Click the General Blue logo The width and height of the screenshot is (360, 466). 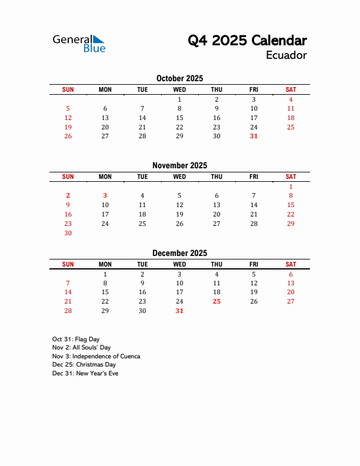click(x=79, y=43)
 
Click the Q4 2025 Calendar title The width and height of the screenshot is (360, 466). click(x=247, y=41)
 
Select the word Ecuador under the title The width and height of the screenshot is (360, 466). click(x=286, y=55)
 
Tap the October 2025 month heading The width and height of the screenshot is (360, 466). click(x=179, y=78)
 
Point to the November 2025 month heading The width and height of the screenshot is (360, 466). click(x=179, y=165)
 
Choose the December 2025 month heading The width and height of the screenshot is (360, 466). click(x=179, y=253)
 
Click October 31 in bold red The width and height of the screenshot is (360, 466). click(x=254, y=136)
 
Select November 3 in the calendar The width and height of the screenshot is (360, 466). click(x=105, y=195)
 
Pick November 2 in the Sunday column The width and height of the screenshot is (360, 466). click(x=68, y=195)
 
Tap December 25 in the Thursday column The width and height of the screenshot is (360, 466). click(x=216, y=301)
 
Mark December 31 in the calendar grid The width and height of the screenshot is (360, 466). click(x=179, y=311)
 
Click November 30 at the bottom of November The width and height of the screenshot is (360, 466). click(x=68, y=233)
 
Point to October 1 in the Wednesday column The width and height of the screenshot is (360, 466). click(x=179, y=99)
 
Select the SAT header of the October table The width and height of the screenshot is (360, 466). click(x=291, y=89)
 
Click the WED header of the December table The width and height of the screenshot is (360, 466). click(x=179, y=264)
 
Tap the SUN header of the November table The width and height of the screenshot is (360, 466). click(x=68, y=177)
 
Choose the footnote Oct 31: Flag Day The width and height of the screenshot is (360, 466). click(x=76, y=339)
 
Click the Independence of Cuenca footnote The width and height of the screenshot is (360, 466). click(x=96, y=356)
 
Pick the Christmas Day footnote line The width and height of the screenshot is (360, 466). click(x=84, y=365)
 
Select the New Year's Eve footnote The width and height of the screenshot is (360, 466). click(x=85, y=373)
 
